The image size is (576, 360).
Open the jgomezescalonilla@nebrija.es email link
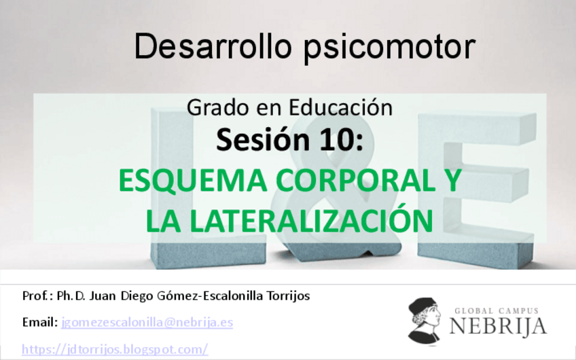[147, 322]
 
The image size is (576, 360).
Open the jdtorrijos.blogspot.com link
[115, 349]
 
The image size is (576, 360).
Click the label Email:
[40, 322]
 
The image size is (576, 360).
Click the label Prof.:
[37, 296]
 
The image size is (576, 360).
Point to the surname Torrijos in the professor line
[286, 296]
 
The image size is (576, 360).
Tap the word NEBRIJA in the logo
[498, 326]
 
